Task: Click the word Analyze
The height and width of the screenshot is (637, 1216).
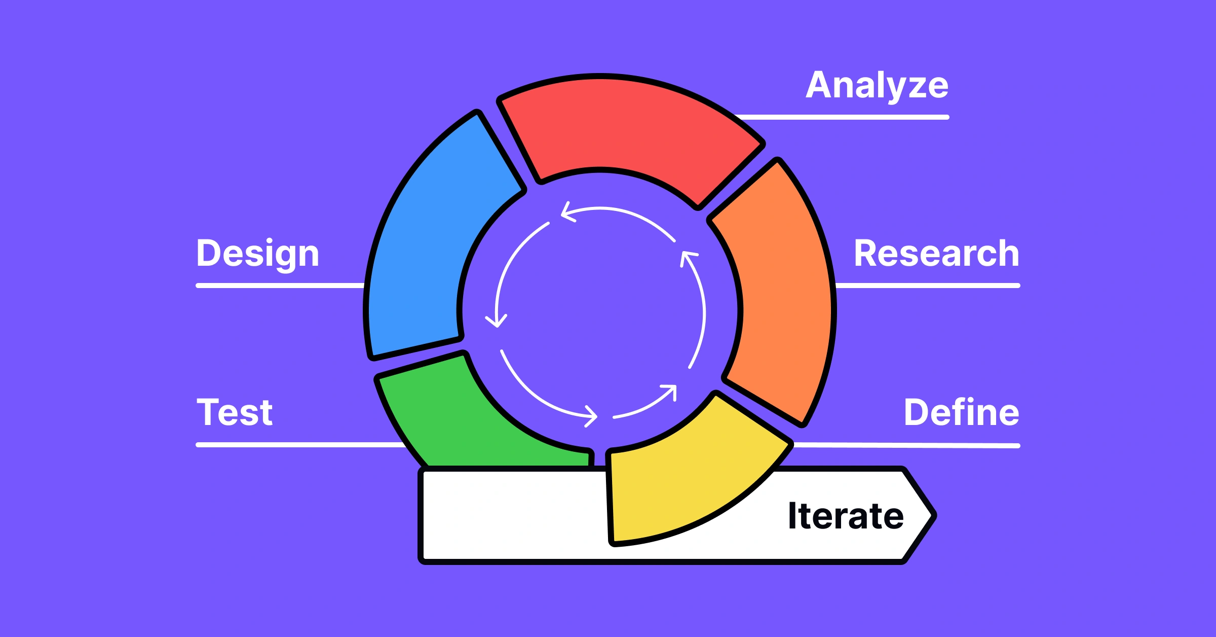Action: pos(877,86)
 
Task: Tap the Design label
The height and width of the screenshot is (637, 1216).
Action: pos(258,254)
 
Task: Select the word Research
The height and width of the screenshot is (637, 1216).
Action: pos(937,253)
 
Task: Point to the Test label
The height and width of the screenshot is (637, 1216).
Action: pos(235,412)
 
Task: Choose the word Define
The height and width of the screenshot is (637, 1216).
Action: pos(962,411)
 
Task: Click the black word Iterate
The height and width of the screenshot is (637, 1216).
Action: pos(846,516)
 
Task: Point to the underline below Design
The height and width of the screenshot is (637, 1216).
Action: pos(280,286)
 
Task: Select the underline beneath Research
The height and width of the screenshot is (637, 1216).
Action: pos(928,286)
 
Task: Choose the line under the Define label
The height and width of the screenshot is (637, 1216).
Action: pos(907,445)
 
